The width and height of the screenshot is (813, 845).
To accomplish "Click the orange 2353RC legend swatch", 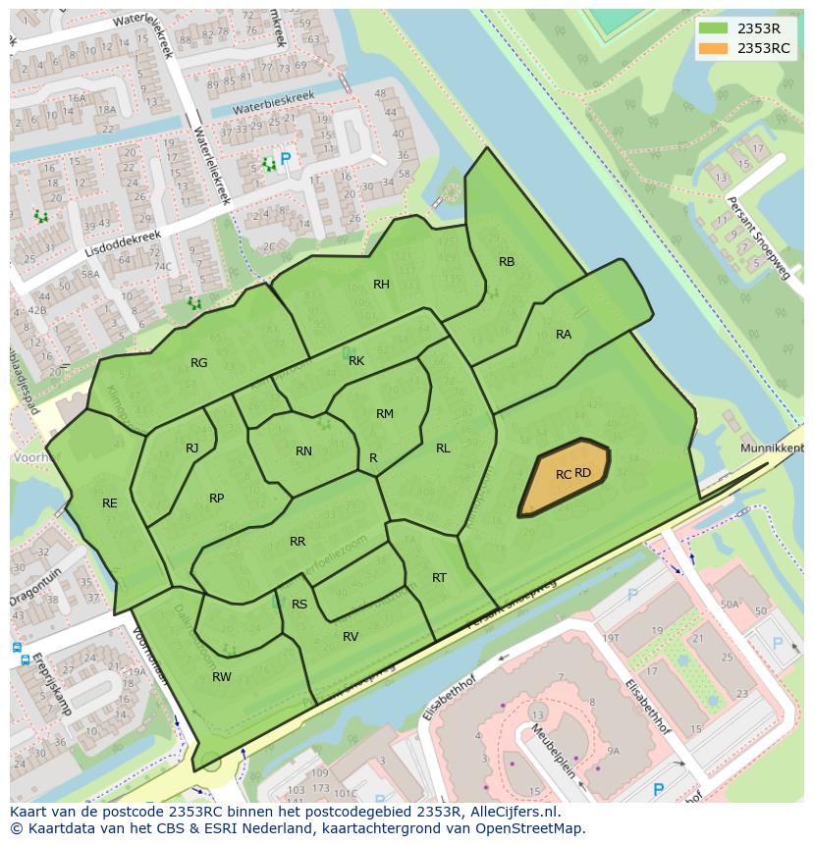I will pyautogui.click(x=714, y=48).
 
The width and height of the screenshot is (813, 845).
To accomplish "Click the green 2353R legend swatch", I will pyautogui.click(x=714, y=28).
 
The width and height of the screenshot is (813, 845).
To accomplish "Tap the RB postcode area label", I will pyautogui.click(x=507, y=262).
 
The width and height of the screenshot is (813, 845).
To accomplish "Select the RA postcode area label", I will pyautogui.click(x=564, y=335).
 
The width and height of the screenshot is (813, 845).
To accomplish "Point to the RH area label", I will pyautogui.click(x=381, y=285).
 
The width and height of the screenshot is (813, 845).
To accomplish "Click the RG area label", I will pyautogui.click(x=199, y=363).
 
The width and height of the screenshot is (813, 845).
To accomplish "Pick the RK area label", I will pyautogui.click(x=356, y=361).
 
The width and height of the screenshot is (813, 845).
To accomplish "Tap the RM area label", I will pyautogui.click(x=385, y=414).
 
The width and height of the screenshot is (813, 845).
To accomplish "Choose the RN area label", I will pyautogui.click(x=303, y=451).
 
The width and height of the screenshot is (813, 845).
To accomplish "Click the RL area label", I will pyautogui.click(x=443, y=449).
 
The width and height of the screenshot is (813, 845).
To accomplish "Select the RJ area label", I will pyautogui.click(x=192, y=449).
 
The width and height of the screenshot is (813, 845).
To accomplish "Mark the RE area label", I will pyautogui.click(x=110, y=503).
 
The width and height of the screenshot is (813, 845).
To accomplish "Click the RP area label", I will pyautogui.click(x=217, y=499).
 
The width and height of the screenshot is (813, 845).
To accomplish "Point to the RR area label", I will pyautogui.click(x=298, y=542).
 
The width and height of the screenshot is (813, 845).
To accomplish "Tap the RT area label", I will pyautogui.click(x=439, y=578).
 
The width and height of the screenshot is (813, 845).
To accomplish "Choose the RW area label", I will pyautogui.click(x=222, y=677).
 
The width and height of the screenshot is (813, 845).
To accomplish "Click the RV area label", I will pyautogui.click(x=351, y=637).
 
